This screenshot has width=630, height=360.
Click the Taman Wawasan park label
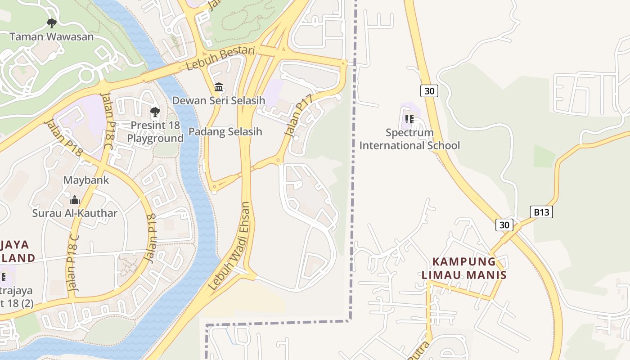click(x=52, y=36)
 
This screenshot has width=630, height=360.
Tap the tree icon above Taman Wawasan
click(x=52, y=23)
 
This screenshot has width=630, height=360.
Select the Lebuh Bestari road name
click(x=220, y=58)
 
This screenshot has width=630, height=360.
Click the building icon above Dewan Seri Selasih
click(x=219, y=87)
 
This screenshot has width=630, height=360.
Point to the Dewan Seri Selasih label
click(x=219, y=100)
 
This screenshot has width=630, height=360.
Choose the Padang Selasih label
click(x=225, y=132)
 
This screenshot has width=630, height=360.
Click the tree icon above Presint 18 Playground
click(x=155, y=112)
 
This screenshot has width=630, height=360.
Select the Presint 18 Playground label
click(x=155, y=131)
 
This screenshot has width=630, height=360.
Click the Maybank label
click(x=86, y=180)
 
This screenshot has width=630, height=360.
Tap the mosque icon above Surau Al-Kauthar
click(x=75, y=200)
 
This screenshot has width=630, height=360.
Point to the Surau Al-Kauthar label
click(x=75, y=213)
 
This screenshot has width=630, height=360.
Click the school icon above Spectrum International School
click(x=409, y=119)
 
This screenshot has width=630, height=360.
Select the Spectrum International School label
click(x=409, y=139)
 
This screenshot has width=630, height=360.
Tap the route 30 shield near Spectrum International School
click(x=429, y=91)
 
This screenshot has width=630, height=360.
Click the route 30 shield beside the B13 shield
click(x=504, y=225)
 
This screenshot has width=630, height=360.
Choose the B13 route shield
click(x=541, y=212)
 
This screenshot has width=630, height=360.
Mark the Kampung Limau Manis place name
click(x=464, y=268)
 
